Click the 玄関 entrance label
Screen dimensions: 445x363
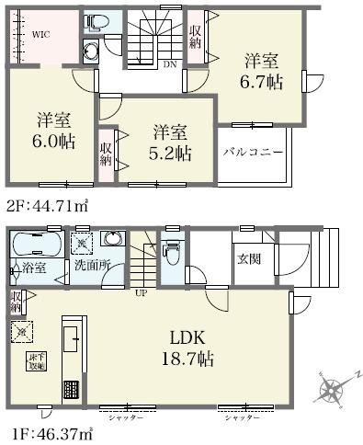(246, 258)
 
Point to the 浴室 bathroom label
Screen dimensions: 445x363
(30, 268)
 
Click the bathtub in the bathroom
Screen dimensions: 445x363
(37, 244)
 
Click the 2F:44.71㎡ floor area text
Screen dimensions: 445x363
(46, 204)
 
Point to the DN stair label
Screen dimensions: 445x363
(170, 64)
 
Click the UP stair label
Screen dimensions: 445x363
(142, 293)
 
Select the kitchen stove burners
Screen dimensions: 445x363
(71, 390)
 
